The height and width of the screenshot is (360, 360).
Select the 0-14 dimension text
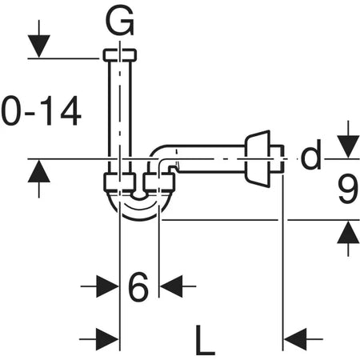pyautogui.click(x=40, y=111)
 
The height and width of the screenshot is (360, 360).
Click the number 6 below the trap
pyautogui.click(x=138, y=286)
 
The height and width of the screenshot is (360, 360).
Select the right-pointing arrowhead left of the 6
pyautogui.click(x=106, y=286)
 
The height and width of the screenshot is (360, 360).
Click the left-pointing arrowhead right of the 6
pyautogui.click(x=171, y=286)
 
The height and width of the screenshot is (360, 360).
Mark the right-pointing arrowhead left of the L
pyautogui.click(x=106, y=338)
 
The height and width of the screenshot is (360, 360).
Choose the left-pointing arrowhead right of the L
pyautogui.click(x=297, y=338)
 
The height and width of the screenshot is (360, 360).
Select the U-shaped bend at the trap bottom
pyautogui.click(x=139, y=208)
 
